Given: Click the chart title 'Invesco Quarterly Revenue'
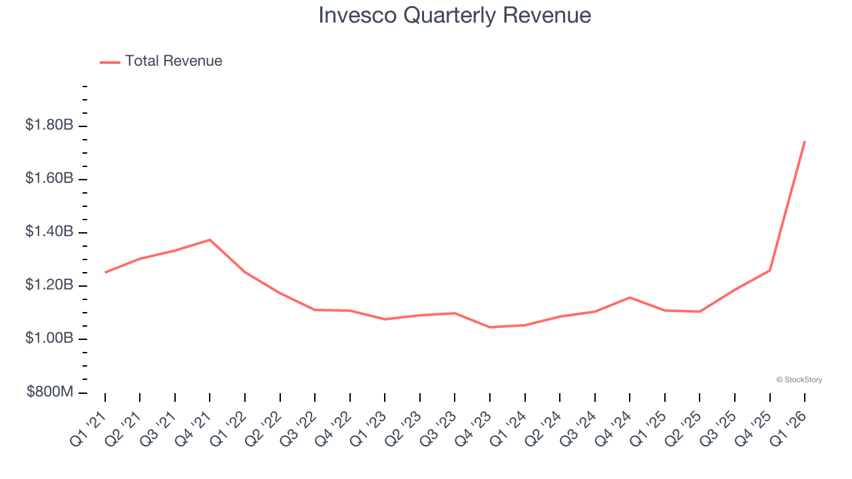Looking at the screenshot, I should (455, 15).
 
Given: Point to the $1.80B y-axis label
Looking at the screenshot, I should (49, 124).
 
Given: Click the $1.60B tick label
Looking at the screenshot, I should (49, 178).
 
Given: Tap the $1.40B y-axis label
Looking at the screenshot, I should (49, 232).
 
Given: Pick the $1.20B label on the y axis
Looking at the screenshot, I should (49, 285).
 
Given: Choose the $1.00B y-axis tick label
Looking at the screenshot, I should (49, 338).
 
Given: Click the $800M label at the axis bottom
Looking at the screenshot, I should (49, 392).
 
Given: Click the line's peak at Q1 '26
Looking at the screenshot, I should (805, 141).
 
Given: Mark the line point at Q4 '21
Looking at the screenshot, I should (210, 239).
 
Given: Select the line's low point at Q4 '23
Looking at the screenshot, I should (490, 327).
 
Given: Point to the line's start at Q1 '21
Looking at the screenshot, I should (105, 273).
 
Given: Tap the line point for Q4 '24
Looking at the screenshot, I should (630, 297).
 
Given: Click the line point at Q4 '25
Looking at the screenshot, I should (770, 270).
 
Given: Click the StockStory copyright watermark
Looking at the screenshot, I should (799, 380).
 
